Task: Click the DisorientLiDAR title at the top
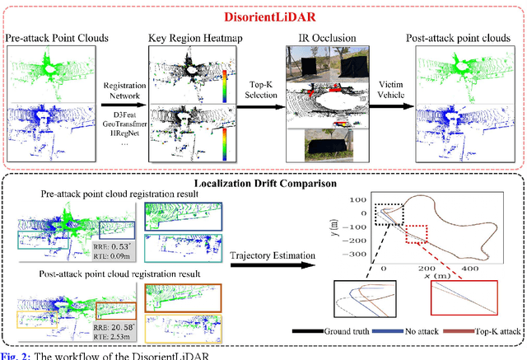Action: tap(266, 16)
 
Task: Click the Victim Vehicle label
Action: tap(395, 91)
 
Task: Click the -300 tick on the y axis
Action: tap(357, 257)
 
